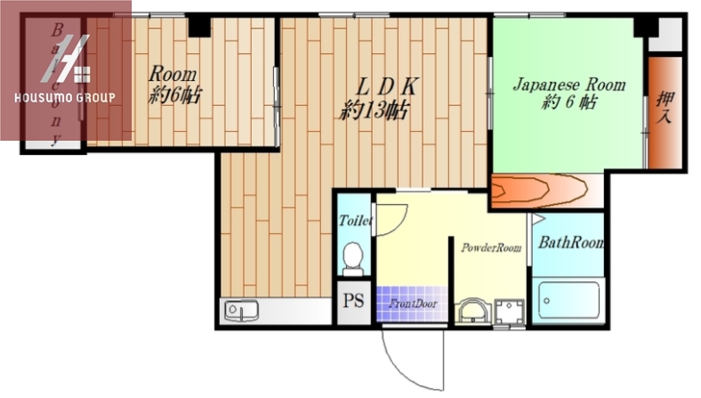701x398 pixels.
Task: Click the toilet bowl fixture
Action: coord(354,259)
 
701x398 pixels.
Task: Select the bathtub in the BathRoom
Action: coord(568,299)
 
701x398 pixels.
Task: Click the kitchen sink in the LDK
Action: coord(241,311)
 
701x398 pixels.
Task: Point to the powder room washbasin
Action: coord(473,311)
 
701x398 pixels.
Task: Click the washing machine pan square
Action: coord(509,312)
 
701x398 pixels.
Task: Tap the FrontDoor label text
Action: coord(413,304)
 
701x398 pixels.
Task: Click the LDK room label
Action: coord(387,87)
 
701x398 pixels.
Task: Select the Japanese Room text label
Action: coord(568,85)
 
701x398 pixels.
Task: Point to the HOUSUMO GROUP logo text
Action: coord(65,98)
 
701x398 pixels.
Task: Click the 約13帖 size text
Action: coord(374,110)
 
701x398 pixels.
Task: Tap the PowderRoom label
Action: coord(491,248)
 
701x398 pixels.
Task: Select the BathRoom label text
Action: coord(571,243)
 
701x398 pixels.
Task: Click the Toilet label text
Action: coord(356,220)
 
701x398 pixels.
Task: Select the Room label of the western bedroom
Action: coord(172,74)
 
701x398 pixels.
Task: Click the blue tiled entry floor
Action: coord(412,304)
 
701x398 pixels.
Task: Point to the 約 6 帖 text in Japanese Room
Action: coord(568,102)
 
